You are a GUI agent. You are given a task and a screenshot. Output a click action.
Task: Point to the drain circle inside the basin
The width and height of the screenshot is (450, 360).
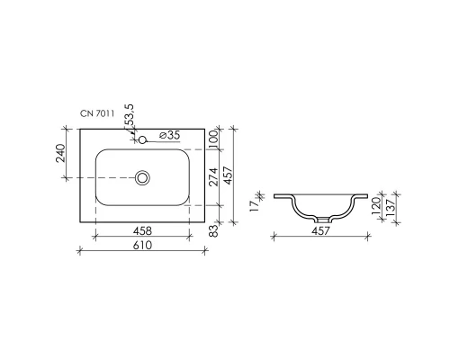tap(142, 178)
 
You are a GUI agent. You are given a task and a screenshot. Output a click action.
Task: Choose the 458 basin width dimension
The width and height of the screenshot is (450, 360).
tap(142, 231)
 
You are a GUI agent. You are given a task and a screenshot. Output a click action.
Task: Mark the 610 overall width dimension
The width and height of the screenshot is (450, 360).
tap(142, 245)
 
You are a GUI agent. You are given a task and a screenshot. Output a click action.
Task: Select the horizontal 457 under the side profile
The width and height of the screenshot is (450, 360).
tap(322, 231)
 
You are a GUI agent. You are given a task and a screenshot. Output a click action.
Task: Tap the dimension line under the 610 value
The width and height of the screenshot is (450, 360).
tap(142, 251)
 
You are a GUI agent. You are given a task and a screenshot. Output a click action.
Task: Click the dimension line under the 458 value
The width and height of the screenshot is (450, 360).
tap(142, 238)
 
